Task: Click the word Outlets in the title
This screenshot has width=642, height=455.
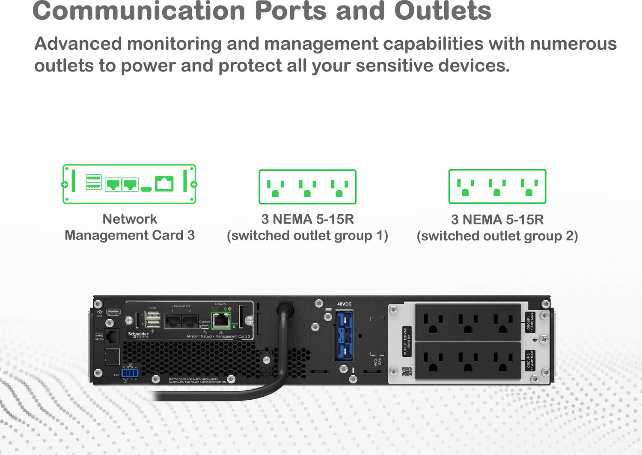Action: (x=443, y=11)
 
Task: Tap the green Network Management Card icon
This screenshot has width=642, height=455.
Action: (x=129, y=184)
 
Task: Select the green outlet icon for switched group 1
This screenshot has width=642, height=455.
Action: (x=307, y=187)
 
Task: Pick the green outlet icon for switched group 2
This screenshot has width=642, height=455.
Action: (x=497, y=187)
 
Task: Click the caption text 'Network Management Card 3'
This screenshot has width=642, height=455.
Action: (x=130, y=227)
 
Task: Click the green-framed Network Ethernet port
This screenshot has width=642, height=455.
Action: (x=221, y=320)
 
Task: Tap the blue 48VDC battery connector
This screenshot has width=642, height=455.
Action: (x=344, y=335)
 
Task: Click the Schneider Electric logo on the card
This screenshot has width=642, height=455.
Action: (x=138, y=334)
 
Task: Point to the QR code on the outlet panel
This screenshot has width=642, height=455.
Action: (x=407, y=371)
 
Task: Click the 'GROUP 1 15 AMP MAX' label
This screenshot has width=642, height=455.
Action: (x=530, y=322)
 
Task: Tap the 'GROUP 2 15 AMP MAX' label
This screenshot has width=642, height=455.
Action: (x=530, y=360)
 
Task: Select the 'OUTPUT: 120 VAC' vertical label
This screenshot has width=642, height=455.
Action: (x=407, y=341)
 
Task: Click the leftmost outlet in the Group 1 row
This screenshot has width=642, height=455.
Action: (x=433, y=323)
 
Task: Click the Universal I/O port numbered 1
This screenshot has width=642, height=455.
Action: (x=173, y=321)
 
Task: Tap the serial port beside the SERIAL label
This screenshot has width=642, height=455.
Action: (x=112, y=336)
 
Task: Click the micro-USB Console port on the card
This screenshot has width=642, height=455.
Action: (x=204, y=327)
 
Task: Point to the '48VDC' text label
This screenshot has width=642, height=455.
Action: (x=344, y=304)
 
